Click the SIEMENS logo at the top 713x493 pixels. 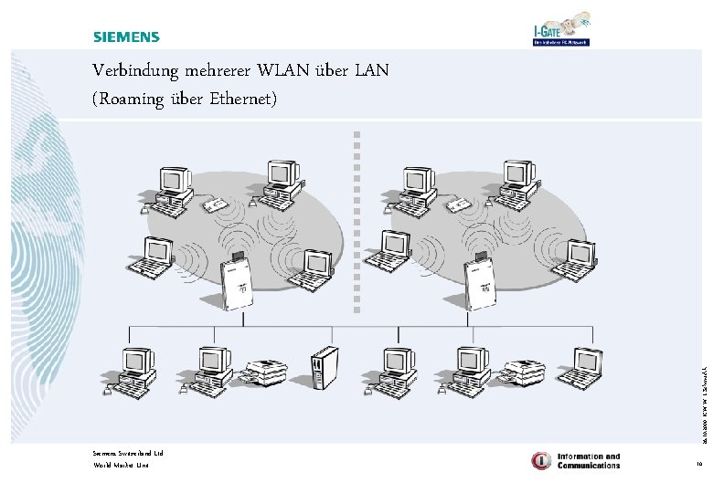coord(125,37)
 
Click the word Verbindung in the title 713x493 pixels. coord(135,70)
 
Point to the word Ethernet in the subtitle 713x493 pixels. coord(239,98)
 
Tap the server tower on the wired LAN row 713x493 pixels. coord(324,369)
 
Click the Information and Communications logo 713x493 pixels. coord(576,461)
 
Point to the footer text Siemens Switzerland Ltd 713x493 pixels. coord(127,453)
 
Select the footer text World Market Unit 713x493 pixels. coord(120,466)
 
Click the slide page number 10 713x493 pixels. coord(698,466)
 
